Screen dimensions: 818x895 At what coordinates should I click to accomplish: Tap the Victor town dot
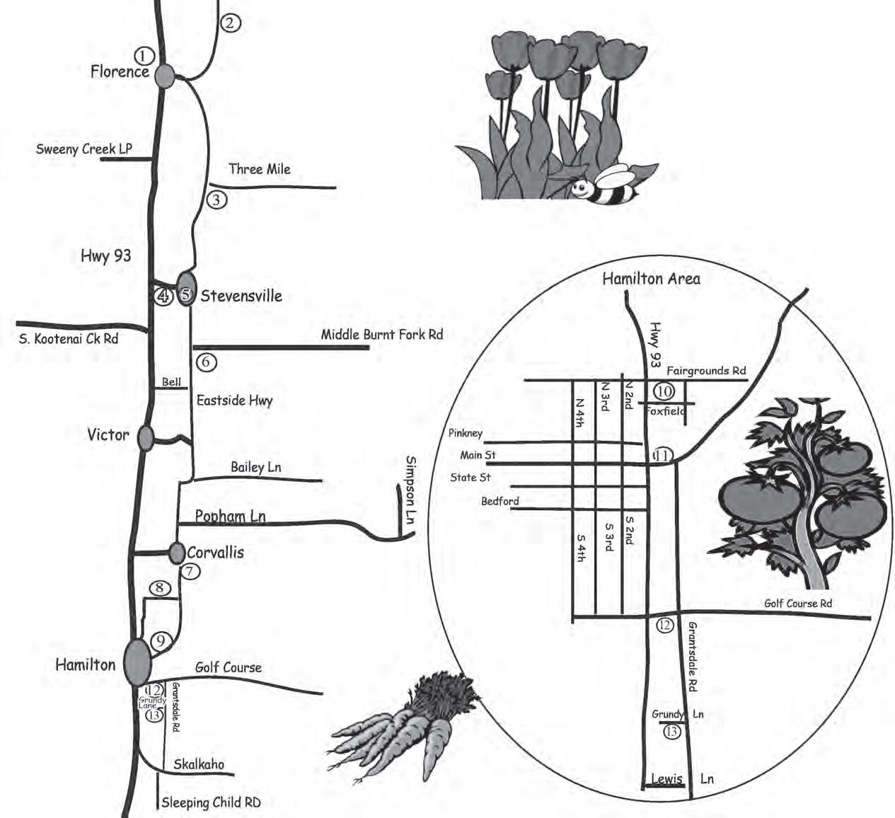146,437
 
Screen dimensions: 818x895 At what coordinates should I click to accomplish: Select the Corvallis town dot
176,552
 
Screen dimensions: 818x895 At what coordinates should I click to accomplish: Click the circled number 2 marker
231,23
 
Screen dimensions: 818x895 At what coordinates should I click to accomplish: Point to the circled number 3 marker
217,200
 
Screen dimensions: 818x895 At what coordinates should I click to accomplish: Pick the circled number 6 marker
207,362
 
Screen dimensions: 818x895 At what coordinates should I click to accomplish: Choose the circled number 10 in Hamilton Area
664,391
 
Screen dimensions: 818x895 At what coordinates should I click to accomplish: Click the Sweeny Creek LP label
84,149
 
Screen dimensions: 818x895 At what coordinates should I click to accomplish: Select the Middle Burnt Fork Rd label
382,334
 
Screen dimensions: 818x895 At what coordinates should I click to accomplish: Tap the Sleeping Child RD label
211,802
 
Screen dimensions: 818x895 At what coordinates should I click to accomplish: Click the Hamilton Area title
651,278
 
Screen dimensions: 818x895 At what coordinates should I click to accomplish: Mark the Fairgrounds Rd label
706,370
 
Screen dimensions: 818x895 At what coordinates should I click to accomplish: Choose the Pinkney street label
466,432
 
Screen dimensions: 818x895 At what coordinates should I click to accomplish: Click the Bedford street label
500,501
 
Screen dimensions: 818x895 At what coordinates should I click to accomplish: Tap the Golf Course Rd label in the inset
798,603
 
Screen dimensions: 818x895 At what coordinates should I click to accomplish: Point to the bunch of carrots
400,729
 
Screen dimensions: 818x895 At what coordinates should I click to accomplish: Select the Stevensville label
241,296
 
